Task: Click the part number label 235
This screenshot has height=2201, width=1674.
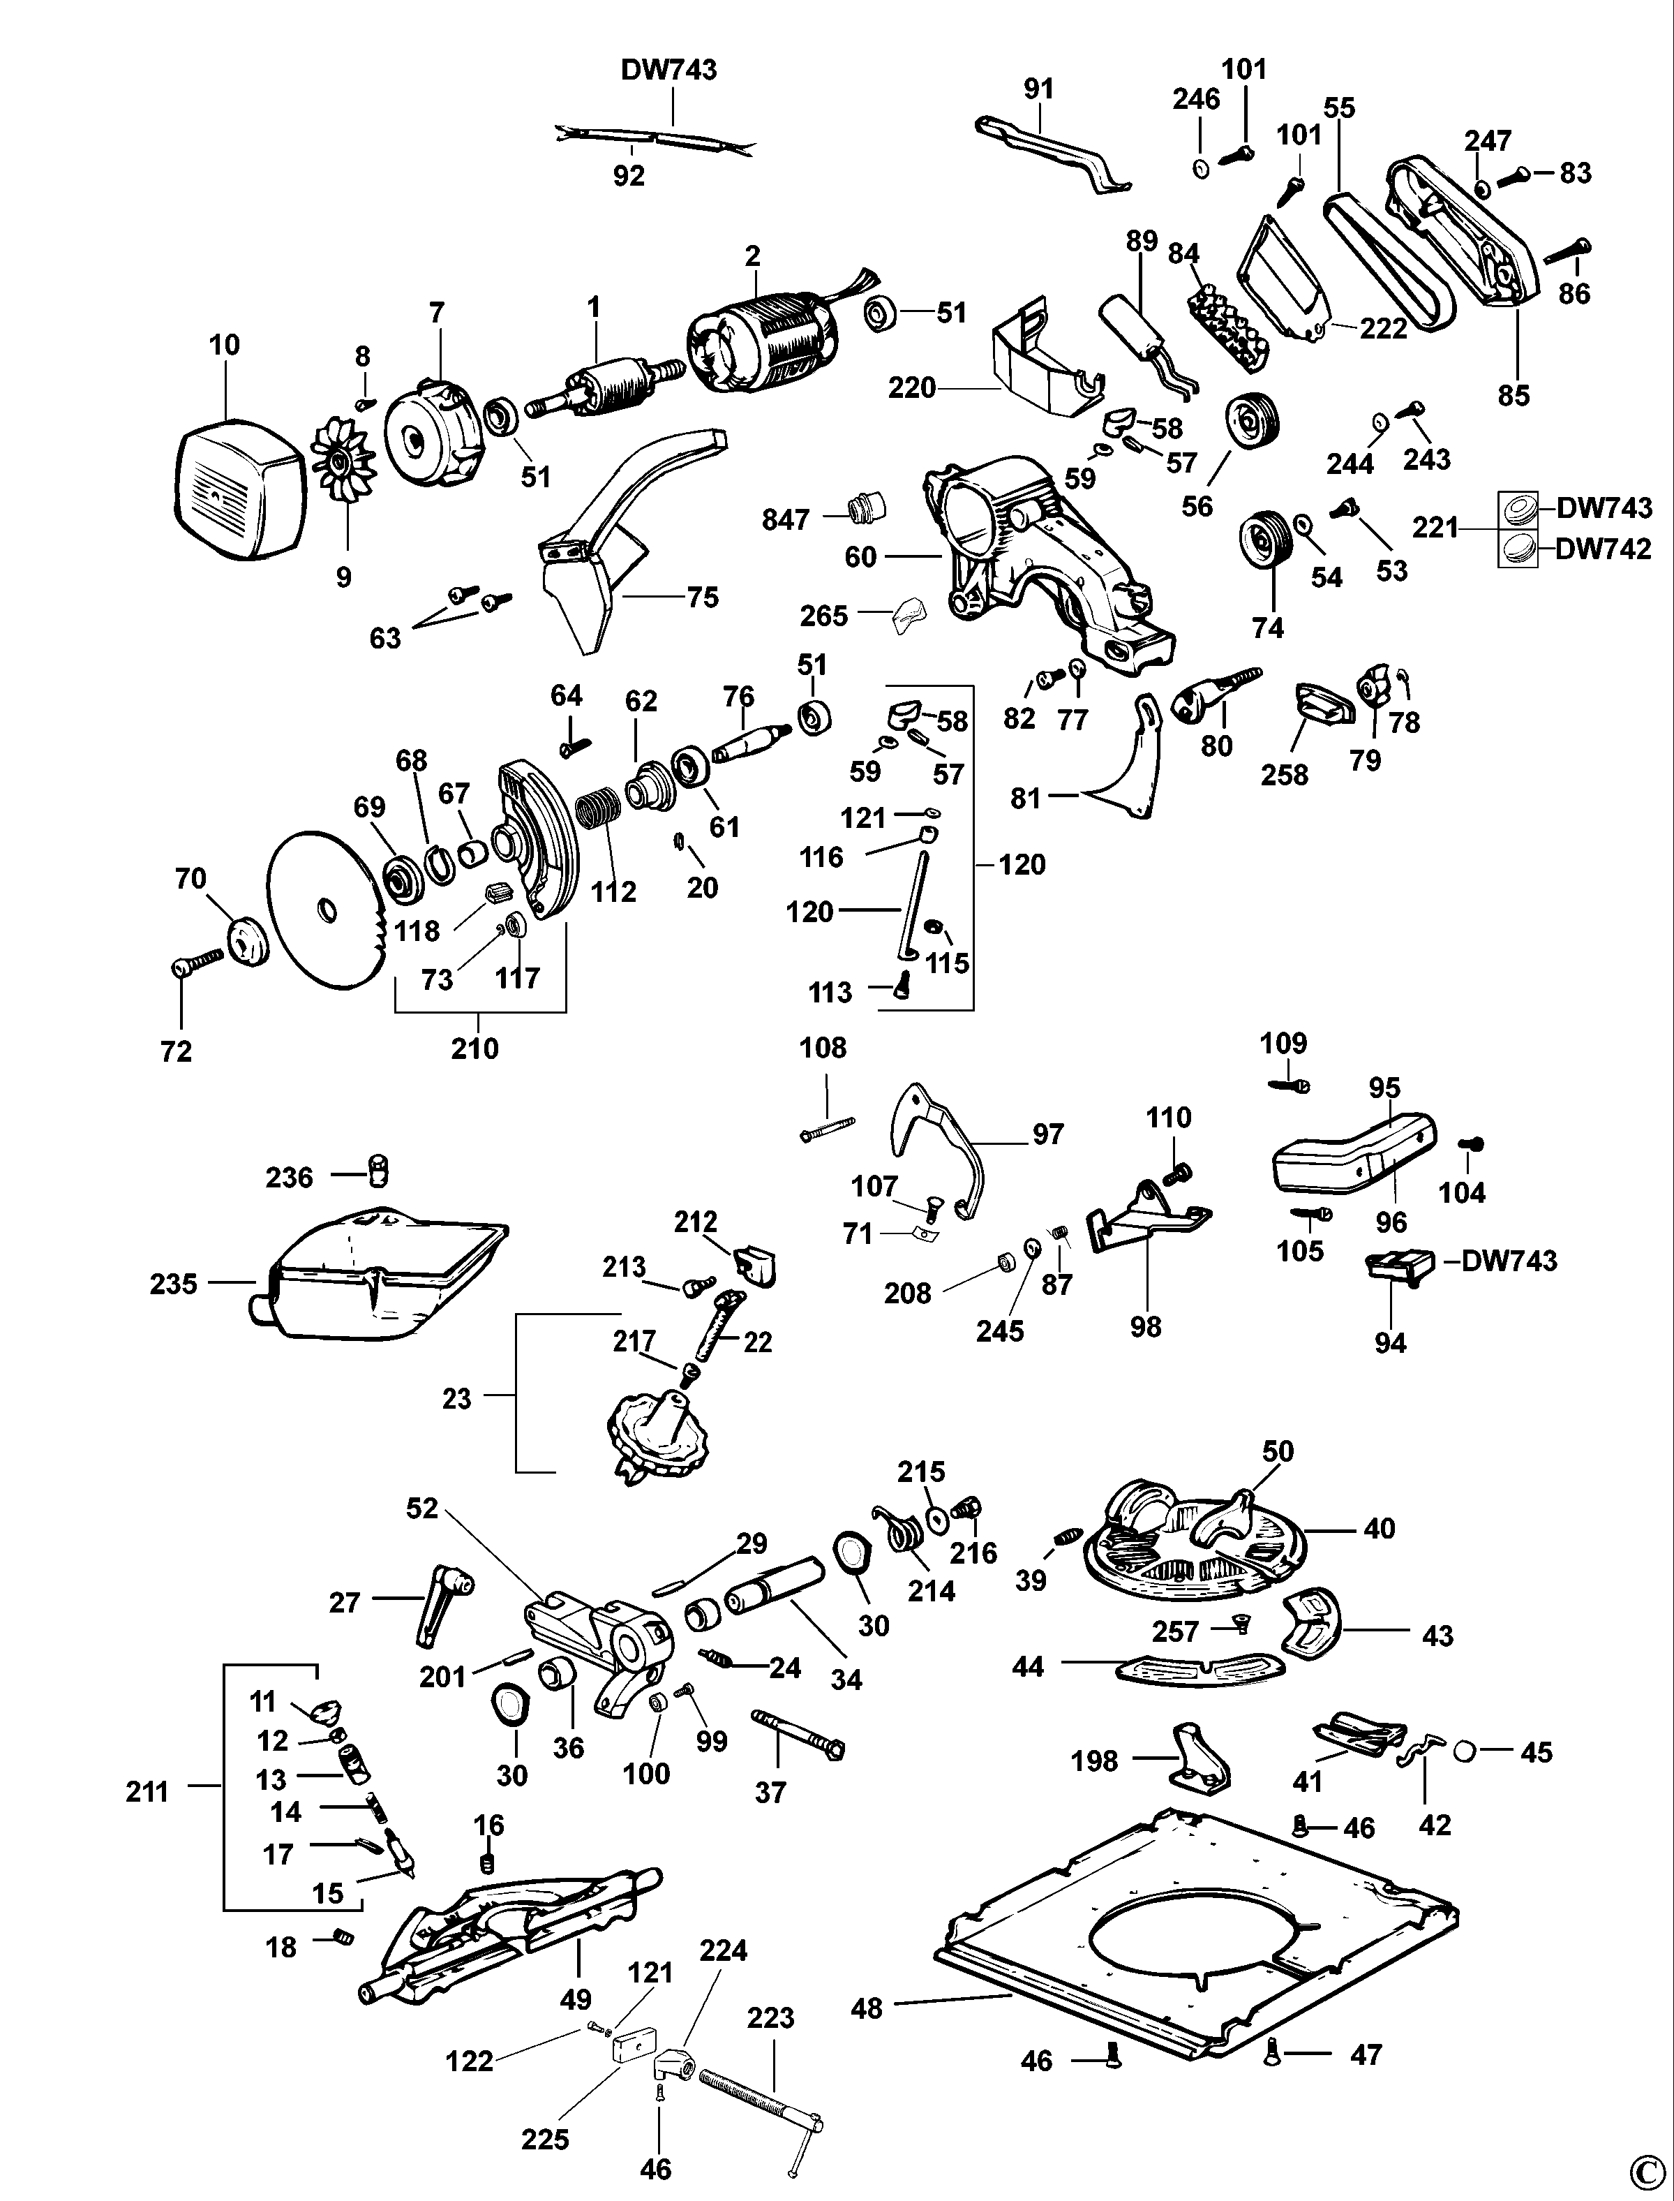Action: pos(173,1283)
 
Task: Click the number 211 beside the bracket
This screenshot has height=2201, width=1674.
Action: pos(147,1791)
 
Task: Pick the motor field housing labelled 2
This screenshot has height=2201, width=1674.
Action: pos(757,344)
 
